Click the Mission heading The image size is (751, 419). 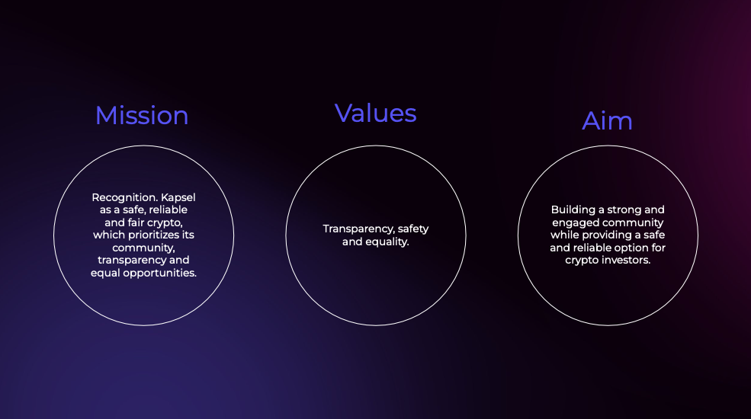click(142, 116)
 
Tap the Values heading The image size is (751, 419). click(375, 114)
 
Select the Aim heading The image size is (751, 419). click(608, 120)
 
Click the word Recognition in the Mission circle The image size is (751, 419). click(124, 197)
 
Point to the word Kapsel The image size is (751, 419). click(178, 197)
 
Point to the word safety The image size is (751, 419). click(413, 229)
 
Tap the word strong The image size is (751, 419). click(624, 210)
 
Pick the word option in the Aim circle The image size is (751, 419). click(633, 248)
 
